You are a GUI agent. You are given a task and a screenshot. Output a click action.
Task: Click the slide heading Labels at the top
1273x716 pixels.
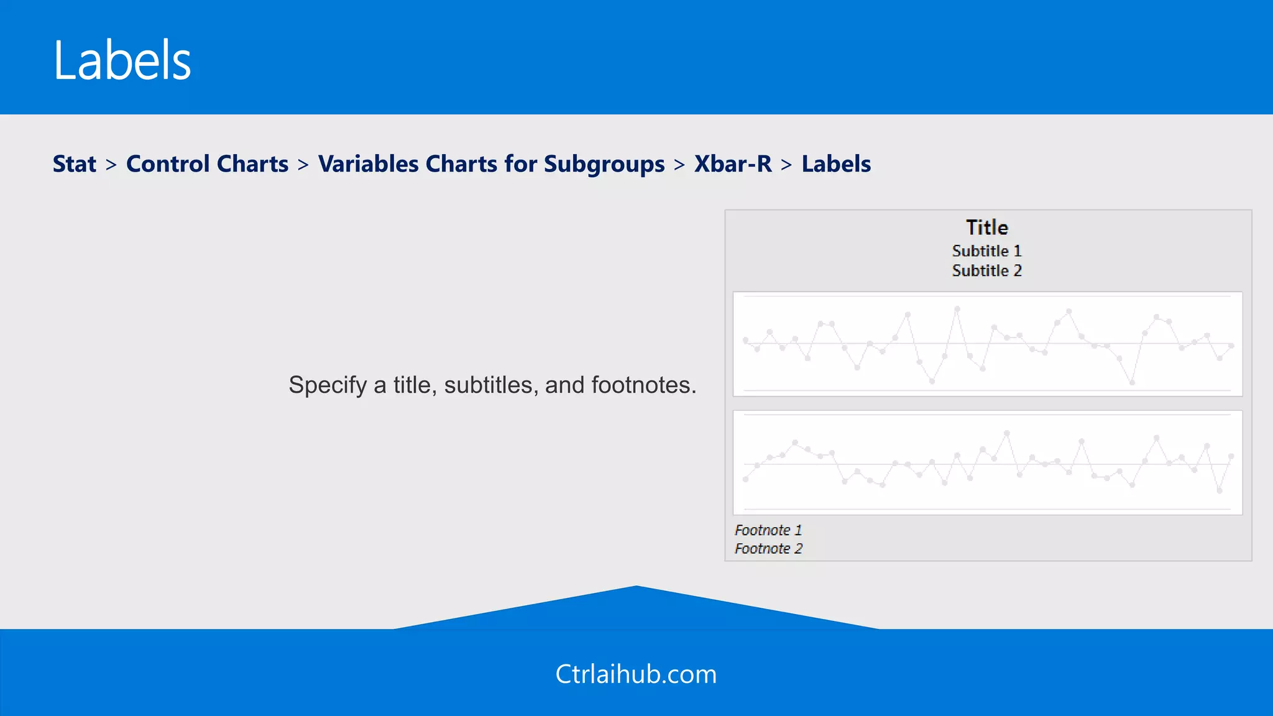click(122, 60)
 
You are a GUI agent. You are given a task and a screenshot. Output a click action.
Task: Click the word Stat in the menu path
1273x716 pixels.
click(75, 164)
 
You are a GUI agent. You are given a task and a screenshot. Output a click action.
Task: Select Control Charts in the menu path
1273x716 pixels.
click(207, 164)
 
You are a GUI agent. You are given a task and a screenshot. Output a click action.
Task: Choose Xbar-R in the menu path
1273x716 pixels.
click(733, 164)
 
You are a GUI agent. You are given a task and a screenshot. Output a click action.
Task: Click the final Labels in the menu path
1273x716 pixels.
click(836, 164)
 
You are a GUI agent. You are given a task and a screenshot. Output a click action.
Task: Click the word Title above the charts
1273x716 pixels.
click(987, 227)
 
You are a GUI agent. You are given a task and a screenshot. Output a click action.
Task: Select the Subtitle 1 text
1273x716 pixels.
click(987, 251)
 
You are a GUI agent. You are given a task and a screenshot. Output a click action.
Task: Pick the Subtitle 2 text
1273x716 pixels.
click(987, 271)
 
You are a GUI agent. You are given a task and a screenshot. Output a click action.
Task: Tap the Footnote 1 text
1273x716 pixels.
click(768, 530)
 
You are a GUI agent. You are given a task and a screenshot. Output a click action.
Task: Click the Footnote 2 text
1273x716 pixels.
click(768, 549)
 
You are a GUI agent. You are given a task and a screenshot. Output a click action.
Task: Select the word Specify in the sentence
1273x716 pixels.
click(328, 385)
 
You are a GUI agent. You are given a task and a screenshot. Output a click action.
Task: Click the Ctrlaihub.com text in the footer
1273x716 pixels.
click(636, 674)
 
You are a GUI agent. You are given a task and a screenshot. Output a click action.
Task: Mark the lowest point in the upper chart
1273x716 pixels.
click(1132, 382)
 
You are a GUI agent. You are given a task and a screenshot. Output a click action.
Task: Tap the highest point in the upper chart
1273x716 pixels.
click(957, 308)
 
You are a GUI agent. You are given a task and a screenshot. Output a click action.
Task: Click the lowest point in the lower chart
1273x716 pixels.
click(1220, 491)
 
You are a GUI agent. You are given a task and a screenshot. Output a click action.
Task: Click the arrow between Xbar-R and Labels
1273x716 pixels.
click(786, 165)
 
